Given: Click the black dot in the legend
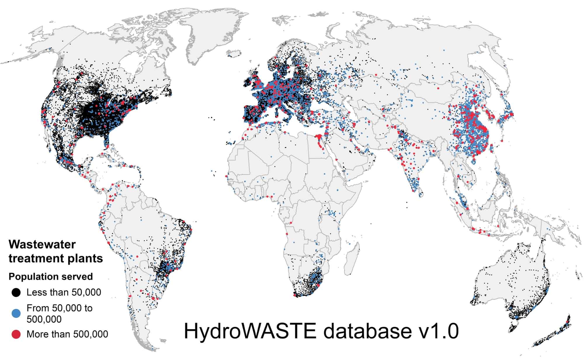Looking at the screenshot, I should (x=16, y=292).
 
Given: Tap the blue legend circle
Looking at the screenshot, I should (x=16, y=313).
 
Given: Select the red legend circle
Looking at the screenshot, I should (x=16, y=334).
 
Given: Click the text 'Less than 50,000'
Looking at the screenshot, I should (x=64, y=292).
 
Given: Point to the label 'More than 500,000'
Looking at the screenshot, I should (x=67, y=334).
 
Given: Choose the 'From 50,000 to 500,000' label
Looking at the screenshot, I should (x=59, y=313).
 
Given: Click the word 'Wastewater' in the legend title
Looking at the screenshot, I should (x=42, y=244).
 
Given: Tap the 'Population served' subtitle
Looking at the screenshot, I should (x=51, y=276).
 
